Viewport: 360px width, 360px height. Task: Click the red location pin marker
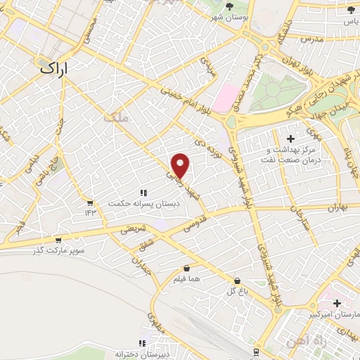click(181, 165)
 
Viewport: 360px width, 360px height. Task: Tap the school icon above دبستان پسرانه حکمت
click(144, 192)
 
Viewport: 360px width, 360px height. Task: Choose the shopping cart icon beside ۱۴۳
click(90, 202)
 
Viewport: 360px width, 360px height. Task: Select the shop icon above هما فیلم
click(186, 269)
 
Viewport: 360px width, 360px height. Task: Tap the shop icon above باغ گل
click(237, 280)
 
